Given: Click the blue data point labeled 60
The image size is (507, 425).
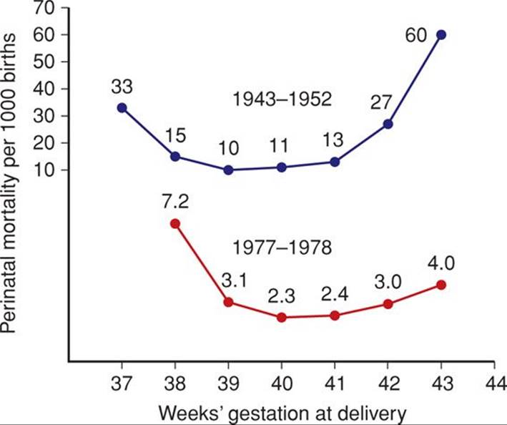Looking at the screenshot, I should click(441, 34).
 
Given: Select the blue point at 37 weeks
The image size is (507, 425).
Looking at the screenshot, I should click(122, 107).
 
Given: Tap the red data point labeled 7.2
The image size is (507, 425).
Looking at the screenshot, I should click(175, 223).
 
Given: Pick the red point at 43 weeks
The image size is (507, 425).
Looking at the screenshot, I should click(441, 285).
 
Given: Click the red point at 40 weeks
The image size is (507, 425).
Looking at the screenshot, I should click(282, 317).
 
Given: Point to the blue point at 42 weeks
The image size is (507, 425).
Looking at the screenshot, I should click(388, 124).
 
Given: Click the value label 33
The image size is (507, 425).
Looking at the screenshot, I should click(122, 87).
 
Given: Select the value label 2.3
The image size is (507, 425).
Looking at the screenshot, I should click(282, 295).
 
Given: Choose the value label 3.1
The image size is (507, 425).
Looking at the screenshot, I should click(228, 280).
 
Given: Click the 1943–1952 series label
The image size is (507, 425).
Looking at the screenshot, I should click(282, 99).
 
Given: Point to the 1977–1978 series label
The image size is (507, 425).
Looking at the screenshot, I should click(282, 248).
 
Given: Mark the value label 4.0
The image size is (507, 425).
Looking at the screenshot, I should click(441, 263).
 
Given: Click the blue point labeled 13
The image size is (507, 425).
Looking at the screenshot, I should click(335, 162).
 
